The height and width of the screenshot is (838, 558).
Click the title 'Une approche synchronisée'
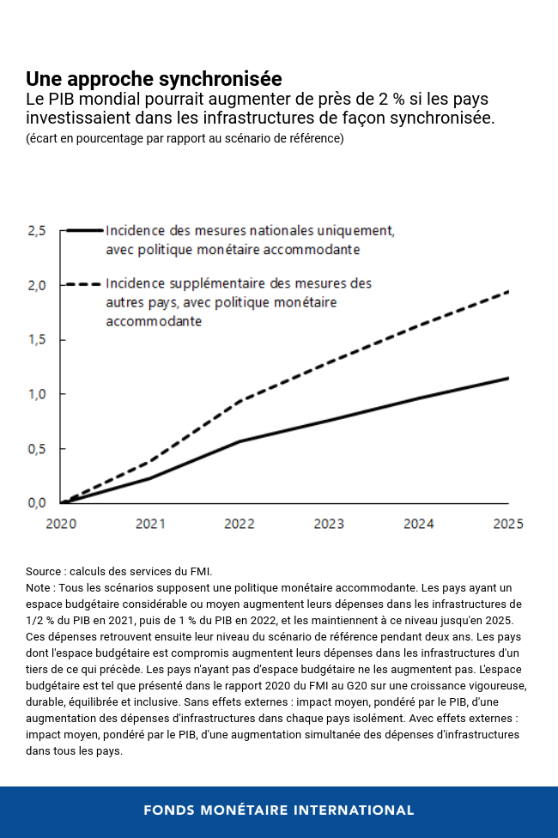[x=154, y=79]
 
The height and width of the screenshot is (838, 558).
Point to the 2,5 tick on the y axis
[x=36, y=231]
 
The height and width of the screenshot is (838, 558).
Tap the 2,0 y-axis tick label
[x=36, y=285]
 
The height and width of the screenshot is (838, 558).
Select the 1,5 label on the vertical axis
[x=36, y=340]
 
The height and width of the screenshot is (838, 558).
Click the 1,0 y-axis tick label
[x=36, y=394]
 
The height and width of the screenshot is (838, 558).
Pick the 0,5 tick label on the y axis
[x=36, y=449]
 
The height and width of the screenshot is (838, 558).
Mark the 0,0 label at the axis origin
[x=36, y=503]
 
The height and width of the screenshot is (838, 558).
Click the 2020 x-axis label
[x=61, y=523]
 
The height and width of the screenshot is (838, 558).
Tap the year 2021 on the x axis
[x=150, y=523]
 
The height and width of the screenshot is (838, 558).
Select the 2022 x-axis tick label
[x=240, y=523]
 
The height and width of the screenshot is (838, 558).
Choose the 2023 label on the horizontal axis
[x=329, y=523]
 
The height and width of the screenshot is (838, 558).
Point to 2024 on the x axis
[x=418, y=523]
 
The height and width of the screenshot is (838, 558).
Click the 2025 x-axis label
[x=507, y=523]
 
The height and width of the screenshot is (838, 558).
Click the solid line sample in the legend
[x=84, y=231]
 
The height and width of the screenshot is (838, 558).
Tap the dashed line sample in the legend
[x=84, y=282]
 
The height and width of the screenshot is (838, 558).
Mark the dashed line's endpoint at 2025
[x=508, y=292]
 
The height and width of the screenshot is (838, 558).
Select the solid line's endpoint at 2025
[x=508, y=378]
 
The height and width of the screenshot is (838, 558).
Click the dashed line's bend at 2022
[x=240, y=401]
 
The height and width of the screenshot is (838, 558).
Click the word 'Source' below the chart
[x=44, y=571]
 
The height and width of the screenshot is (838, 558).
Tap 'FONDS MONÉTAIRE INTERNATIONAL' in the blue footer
[x=279, y=810]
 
